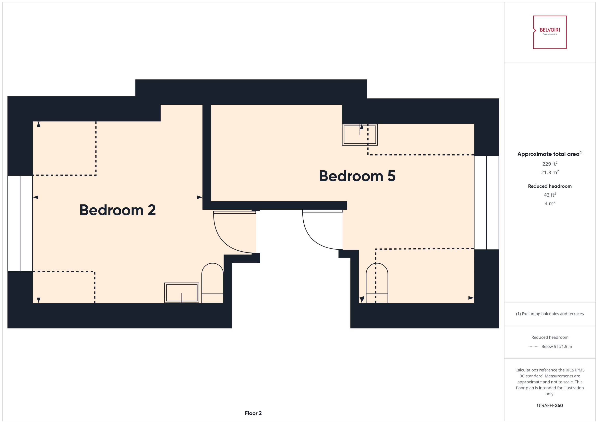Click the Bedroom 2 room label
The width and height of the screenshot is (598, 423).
(118, 210)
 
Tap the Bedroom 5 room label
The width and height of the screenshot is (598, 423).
(357, 176)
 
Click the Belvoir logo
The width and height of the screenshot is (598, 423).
(550, 32)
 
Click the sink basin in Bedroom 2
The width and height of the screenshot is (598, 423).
(182, 293)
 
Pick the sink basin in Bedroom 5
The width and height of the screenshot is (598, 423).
(360, 135)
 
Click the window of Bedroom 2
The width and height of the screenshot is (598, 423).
(20, 223)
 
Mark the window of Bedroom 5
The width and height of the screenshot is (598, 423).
(486, 202)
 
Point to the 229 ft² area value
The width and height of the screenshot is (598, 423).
(550, 164)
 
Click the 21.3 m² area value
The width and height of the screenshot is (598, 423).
(550, 172)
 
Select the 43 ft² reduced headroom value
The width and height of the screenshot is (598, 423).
(550, 195)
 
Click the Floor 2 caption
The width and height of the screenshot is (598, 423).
(253, 413)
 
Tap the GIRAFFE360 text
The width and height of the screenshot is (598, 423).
(550, 405)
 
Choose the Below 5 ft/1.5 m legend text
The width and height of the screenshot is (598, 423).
(556, 346)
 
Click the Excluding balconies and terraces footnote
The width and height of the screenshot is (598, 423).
(550, 314)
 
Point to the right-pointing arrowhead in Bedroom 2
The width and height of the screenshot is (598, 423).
(199, 197)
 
